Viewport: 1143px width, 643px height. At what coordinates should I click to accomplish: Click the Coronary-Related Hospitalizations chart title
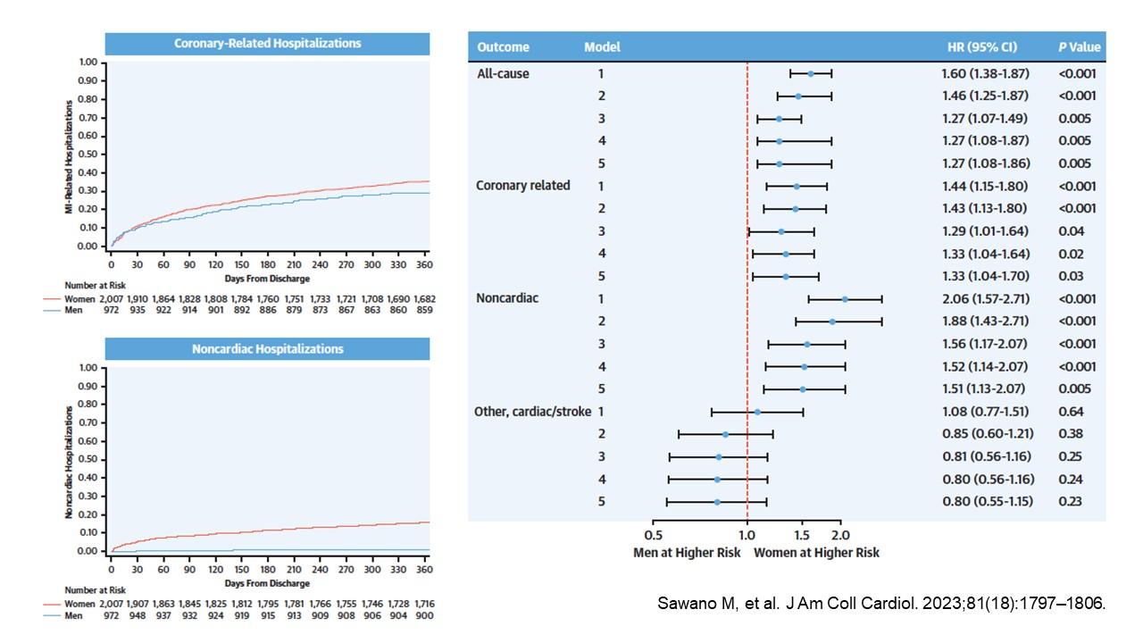267,43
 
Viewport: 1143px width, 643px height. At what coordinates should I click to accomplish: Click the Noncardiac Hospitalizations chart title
267,348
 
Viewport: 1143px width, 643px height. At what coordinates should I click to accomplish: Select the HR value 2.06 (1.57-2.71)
986,298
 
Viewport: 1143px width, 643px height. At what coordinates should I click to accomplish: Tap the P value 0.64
1071,412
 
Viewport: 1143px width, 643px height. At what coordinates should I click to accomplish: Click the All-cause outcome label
504,73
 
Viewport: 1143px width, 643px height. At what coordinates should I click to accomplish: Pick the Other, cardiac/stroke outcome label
531,412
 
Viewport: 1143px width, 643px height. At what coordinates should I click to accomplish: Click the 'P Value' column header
1080,46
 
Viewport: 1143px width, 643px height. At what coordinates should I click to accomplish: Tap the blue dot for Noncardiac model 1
845,299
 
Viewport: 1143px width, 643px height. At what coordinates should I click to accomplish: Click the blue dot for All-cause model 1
811,73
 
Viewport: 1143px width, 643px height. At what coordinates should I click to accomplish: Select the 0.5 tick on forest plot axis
654,535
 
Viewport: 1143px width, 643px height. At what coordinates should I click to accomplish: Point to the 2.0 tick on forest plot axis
840,535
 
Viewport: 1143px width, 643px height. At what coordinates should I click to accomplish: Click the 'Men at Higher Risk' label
687,552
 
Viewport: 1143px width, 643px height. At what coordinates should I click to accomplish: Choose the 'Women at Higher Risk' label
816,552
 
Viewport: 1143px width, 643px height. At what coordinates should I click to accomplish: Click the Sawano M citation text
880,603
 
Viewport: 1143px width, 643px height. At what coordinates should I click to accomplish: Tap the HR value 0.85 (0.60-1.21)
986,434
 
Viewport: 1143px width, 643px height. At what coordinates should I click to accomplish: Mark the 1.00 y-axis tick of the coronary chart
88,63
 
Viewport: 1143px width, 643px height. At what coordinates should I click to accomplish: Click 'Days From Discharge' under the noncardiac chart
267,583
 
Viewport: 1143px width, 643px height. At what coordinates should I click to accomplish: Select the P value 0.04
1071,230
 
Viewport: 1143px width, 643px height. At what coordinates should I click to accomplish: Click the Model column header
602,46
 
